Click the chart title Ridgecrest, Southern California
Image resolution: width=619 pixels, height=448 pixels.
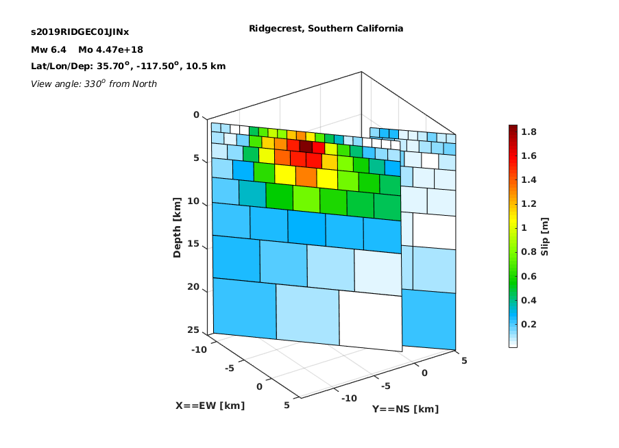point(326,28)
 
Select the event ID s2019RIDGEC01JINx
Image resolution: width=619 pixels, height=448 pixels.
point(80,32)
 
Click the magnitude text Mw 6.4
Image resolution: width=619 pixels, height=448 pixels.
point(49,50)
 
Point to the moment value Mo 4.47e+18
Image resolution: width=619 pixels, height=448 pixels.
point(110,50)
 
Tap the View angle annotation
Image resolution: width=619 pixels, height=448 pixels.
point(93,84)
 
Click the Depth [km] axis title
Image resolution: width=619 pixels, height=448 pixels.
point(177,227)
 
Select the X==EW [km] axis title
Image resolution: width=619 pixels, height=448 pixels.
point(210,406)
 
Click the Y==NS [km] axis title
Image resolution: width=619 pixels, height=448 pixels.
point(405,409)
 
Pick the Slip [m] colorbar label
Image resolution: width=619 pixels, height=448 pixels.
point(544,236)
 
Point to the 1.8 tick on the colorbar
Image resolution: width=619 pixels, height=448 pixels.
point(529,132)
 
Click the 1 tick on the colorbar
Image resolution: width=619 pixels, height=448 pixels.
point(524,228)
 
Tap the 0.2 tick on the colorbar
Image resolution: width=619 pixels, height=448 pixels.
point(529,324)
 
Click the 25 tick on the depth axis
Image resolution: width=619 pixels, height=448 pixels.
point(193,329)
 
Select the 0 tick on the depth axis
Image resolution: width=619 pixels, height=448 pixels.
point(196,115)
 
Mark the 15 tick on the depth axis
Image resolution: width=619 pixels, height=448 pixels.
point(193,244)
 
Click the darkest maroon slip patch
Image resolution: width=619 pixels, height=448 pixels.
point(306,147)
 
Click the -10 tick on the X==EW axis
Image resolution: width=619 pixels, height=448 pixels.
point(199,349)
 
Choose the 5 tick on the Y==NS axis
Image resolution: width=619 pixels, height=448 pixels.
point(464,360)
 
